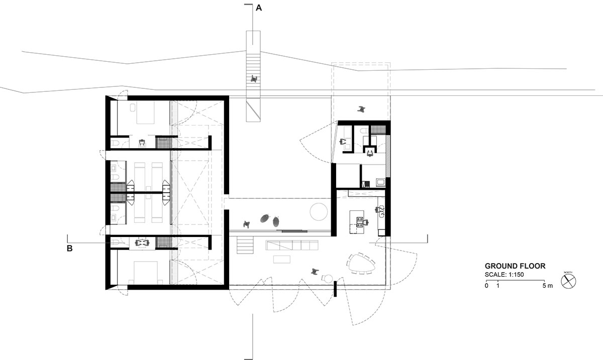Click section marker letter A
point(259,8)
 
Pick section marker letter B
point(70,248)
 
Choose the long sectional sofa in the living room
point(293,245)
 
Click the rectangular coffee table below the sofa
point(282,259)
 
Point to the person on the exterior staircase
point(255,78)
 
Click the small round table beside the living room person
point(327,279)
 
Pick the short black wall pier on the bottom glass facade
point(335,289)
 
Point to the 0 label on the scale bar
point(486,286)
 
